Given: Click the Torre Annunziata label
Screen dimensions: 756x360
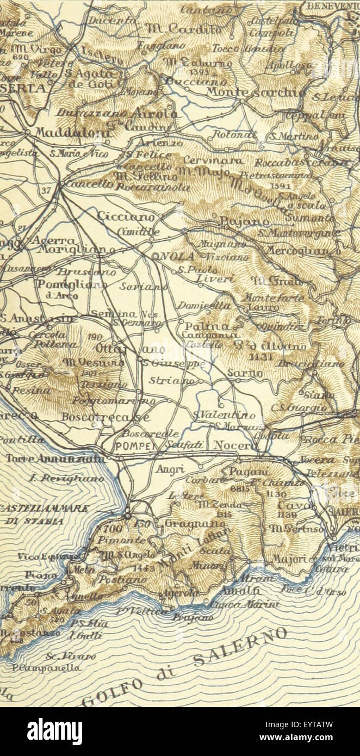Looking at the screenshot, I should [x=55, y=459].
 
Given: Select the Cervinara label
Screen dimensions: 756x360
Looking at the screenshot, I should [x=208, y=160].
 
